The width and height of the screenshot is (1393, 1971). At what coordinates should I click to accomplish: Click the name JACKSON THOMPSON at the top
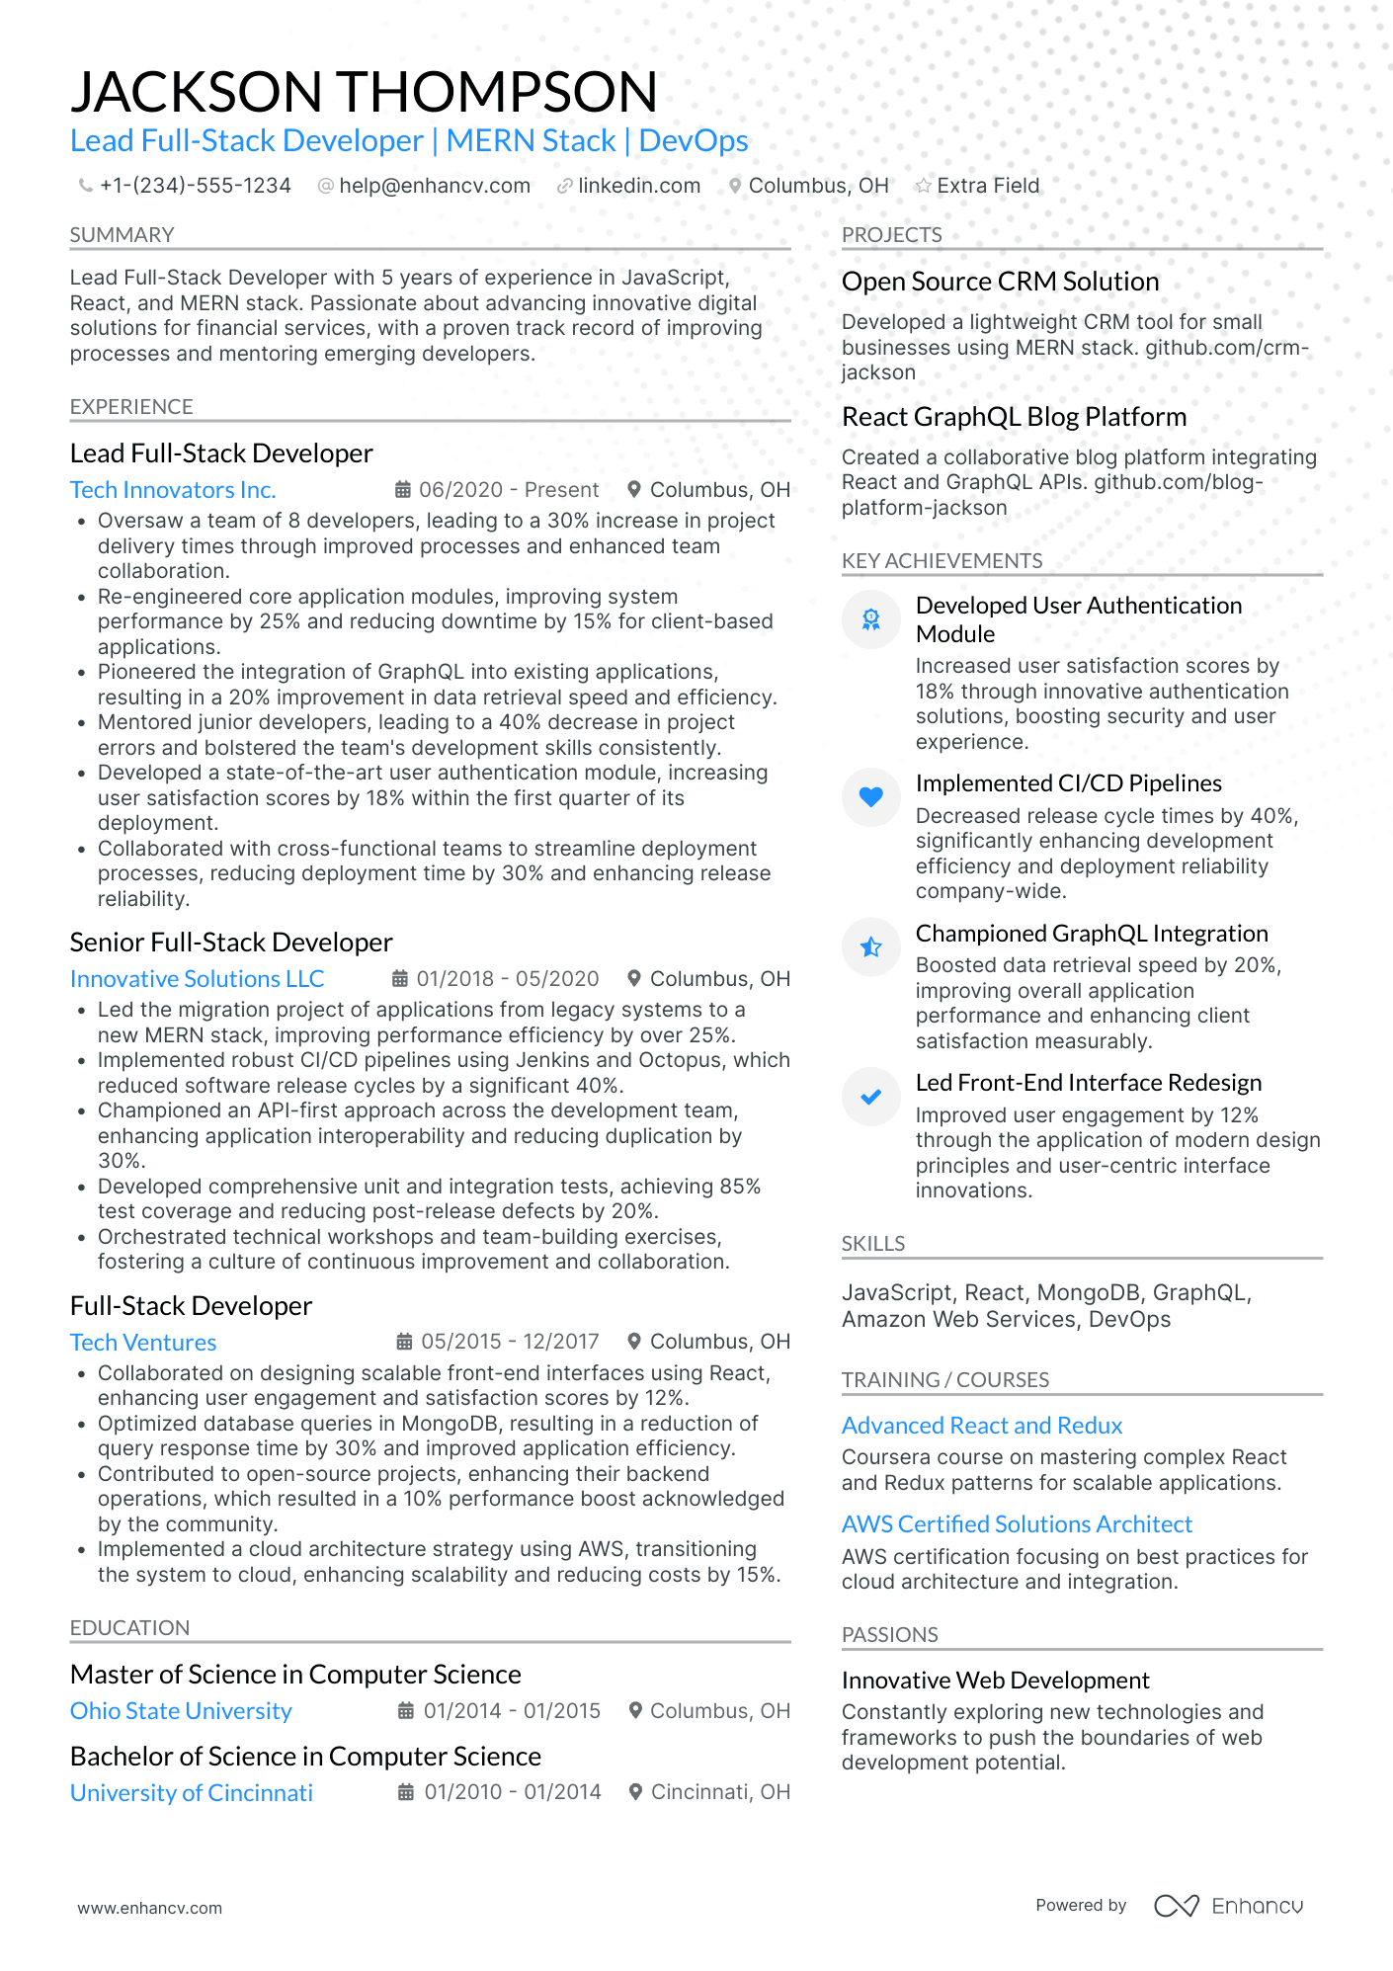pos(364,92)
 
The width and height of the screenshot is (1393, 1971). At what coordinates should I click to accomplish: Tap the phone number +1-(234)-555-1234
pos(195,186)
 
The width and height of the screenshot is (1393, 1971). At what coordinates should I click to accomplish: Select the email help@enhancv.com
pos(434,186)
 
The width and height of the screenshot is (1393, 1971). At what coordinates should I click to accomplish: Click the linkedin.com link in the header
pos(638,186)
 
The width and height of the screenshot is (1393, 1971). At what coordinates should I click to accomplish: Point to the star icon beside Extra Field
pos(923,186)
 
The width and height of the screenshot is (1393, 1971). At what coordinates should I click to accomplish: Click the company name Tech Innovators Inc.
pos(173,490)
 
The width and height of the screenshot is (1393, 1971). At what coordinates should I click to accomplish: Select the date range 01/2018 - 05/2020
pos(507,979)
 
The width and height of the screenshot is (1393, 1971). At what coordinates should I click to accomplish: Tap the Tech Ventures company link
pos(143,1343)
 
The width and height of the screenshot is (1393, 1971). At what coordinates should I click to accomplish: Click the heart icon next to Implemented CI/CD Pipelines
pos(870,796)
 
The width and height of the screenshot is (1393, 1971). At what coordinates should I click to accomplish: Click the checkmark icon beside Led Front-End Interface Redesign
pos(870,1096)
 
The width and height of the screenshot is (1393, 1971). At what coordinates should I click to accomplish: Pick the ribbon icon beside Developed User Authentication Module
pos(870,619)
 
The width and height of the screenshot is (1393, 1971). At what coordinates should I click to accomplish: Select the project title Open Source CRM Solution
pos(1000,282)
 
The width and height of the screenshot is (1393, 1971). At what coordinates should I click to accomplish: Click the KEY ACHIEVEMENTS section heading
pos(942,561)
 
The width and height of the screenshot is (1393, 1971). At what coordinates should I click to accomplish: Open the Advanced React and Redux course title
pos(982,1426)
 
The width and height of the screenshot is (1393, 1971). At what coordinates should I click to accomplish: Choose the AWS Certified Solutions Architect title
pos(1017,1524)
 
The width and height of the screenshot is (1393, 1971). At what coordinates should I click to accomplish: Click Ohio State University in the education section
pos(181,1711)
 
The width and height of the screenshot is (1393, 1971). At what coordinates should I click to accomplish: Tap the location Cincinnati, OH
pos(719,1792)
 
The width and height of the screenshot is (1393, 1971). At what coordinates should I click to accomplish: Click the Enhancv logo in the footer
pos(1229,1906)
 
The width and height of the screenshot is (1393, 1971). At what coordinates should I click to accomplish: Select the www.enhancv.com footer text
pos(150,1908)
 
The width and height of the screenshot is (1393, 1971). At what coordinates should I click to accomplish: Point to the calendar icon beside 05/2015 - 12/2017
pos(404,1342)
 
